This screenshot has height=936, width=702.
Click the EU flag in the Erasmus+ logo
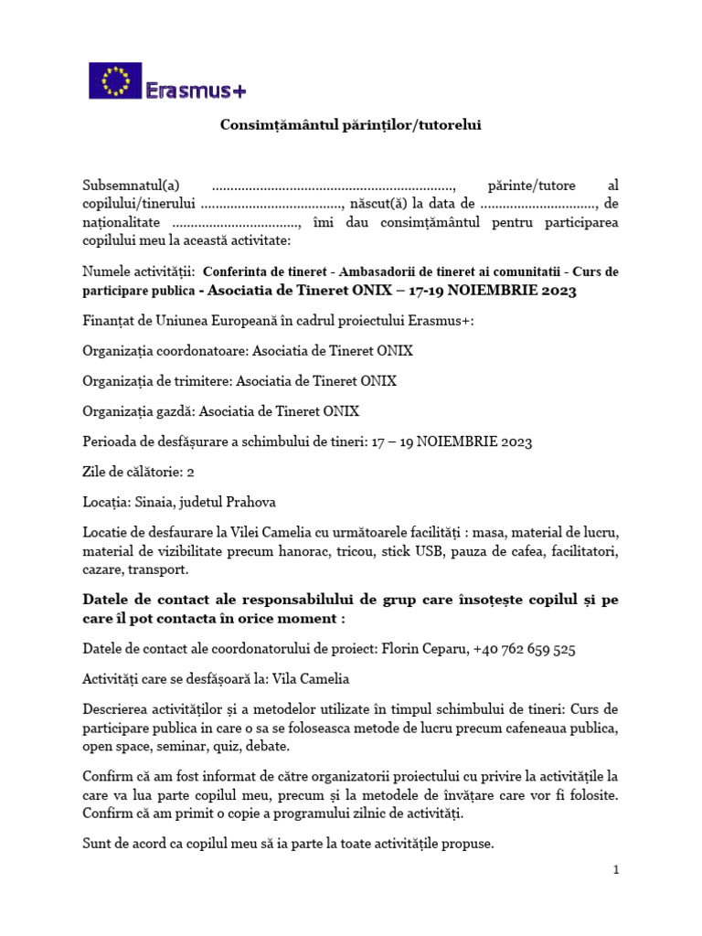point(115,80)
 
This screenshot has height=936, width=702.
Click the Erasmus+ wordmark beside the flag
point(196,89)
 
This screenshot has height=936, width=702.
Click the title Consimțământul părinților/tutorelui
point(350,125)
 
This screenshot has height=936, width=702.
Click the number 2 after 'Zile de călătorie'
point(190,472)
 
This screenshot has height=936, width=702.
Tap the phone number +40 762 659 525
point(525,649)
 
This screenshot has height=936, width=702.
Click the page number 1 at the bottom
point(616,870)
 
